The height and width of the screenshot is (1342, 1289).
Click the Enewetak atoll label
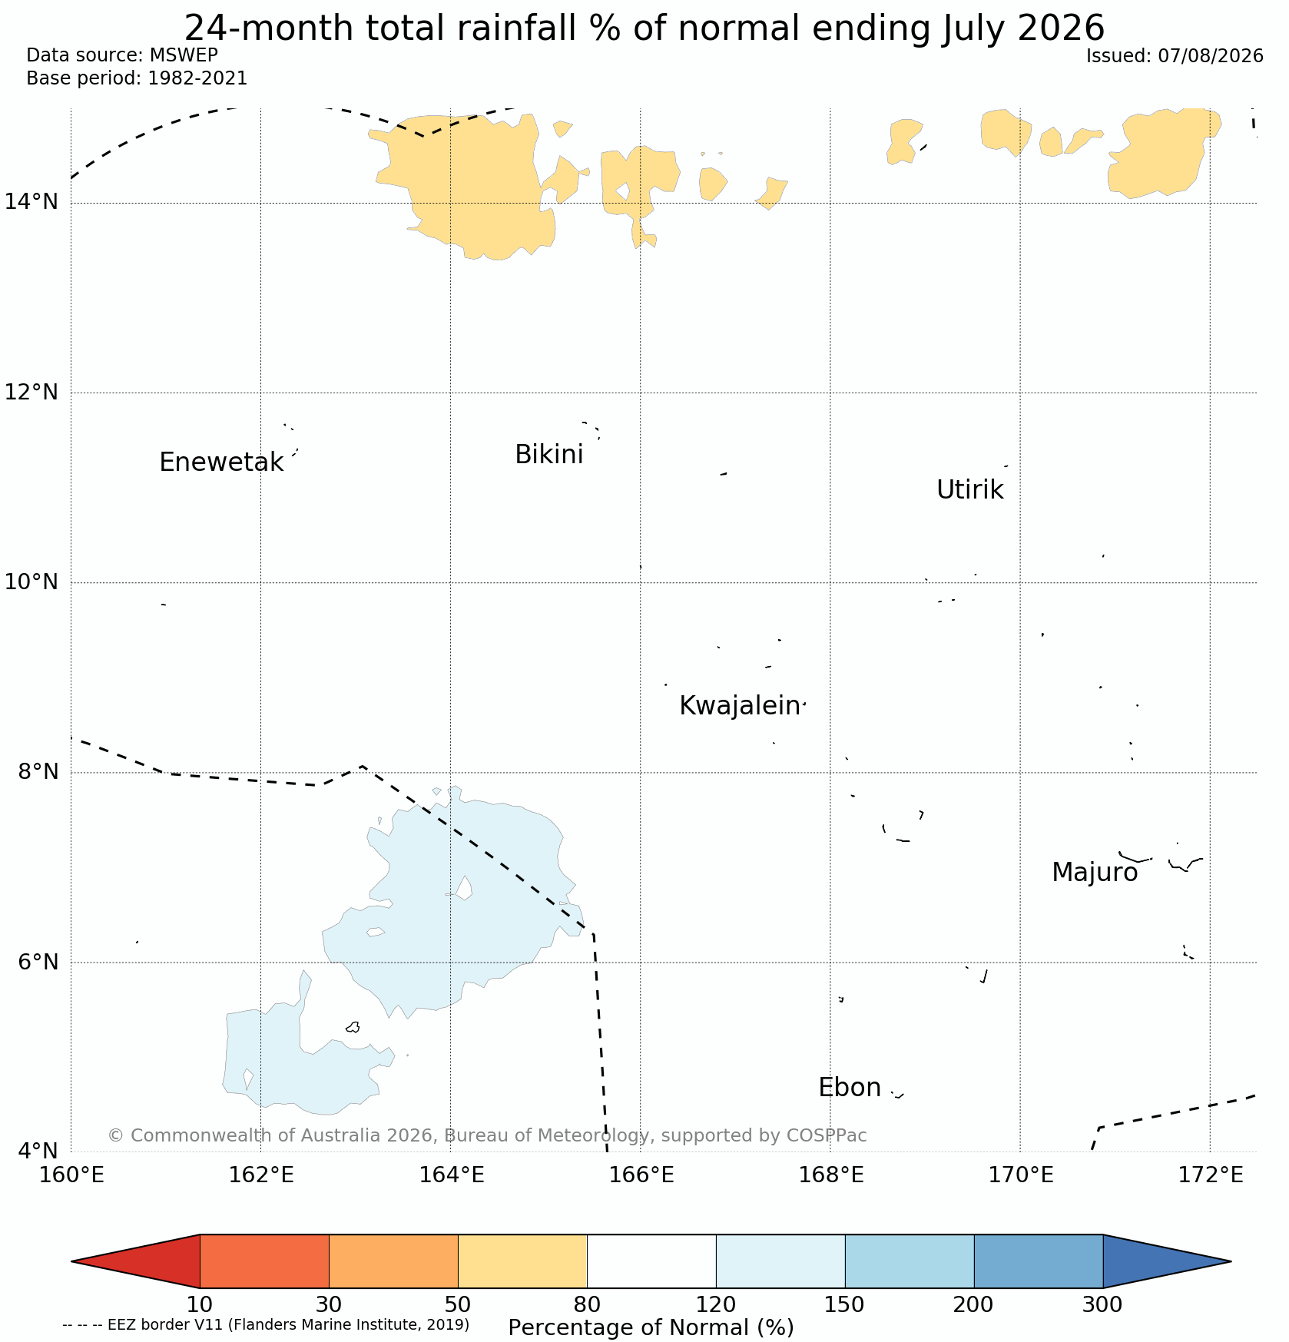pyautogui.click(x=221, y=462)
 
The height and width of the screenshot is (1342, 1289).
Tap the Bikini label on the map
pyautogui.click(x=548, y=455)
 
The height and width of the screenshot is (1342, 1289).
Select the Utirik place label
pyautogui.click(x=969, y=489)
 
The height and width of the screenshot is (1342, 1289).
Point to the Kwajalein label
pyautogui.click(x=740, y=705)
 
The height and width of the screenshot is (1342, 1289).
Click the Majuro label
pyautogui.click(x=1094, y=873)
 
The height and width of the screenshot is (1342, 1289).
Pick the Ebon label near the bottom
pyautogui.click(x=850, y=1088)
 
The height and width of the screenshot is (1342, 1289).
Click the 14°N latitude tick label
pyautogui.click(x=31, y=202)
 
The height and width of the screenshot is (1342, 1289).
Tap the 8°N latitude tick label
pyautogui.click(x=37, y=771)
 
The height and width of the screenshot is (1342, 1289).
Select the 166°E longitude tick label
pyautogui.click(x=641, y=1175)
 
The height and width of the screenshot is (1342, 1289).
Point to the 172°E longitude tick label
pyautogui.click(x=1211, y=1175)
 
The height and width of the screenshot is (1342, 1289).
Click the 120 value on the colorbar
pyautogui.click(x=716, y=1304)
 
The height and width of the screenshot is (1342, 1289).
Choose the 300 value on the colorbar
pyautogui.click(x=1102, y=1304)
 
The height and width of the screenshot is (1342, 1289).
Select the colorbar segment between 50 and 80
pyautogui.click(x=522, y=1261)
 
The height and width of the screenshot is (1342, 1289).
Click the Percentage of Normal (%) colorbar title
pyautogui.click(x=651, y=1327)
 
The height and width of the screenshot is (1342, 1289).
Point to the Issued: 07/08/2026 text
pyautogui.click(x=1175, y=56)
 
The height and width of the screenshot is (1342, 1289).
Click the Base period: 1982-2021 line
pyautogui.click(x=137, y=78)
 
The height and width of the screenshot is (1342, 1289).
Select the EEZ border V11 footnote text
pyautogui.click(x=266, y=1324)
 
